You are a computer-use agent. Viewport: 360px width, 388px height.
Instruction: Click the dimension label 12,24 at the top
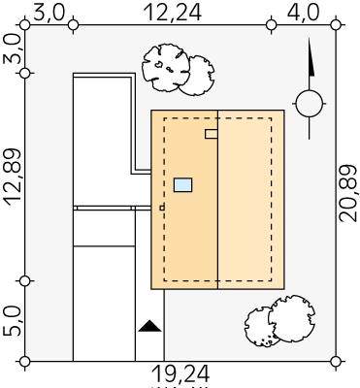pyautogui.click(x=173, y=14)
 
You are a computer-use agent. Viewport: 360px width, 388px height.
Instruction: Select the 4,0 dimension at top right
pyautogui.click(x=303, y=14)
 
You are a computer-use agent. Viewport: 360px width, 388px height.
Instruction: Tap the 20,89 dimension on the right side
pyautogui.click(x=348, y=193)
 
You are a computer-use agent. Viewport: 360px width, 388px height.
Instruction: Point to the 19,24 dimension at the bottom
pyautogui.click(x=180, y=373)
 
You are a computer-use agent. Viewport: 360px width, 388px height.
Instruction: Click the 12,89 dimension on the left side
pyautogui.click(x=13, y=177)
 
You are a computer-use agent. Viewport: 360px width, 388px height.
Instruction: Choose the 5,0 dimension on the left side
pyautogui.click(x=13, y=321)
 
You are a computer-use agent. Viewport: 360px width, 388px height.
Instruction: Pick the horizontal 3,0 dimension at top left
pyautogui.click(x=49, y=14)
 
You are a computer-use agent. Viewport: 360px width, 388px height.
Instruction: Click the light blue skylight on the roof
pyautogui.click(x=182, y=184)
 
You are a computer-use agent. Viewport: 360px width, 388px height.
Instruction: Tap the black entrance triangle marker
pyautogui.click(x=149, y=326)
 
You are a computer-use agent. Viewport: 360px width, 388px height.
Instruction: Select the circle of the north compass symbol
pyautogui.click(x=310, y=104)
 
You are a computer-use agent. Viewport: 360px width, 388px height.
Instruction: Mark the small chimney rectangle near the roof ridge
pyautogui.click(x=211, y=134)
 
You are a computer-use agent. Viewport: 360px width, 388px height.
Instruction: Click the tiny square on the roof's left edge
pyautogui.click(x=162, y=208)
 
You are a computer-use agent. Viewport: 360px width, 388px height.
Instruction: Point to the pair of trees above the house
pyautogui.click(x=178, y=70)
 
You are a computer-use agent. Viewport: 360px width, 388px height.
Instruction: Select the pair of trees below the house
pyautogui.click(x=279, y=320)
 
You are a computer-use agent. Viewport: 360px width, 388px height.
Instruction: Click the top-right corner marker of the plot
pyautogui.click(x=336, y=24)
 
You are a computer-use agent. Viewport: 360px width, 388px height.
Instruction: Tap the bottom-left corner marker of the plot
pyautogui.click(x=25, y=361)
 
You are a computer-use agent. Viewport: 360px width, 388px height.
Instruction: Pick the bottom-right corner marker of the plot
pyautogui.click(x=336, y=361)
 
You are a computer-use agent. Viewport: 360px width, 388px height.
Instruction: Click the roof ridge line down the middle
pyautogui.click(x=217, y=200)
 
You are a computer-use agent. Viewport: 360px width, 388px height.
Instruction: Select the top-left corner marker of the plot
pyautogui.click(x=25, y=24)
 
